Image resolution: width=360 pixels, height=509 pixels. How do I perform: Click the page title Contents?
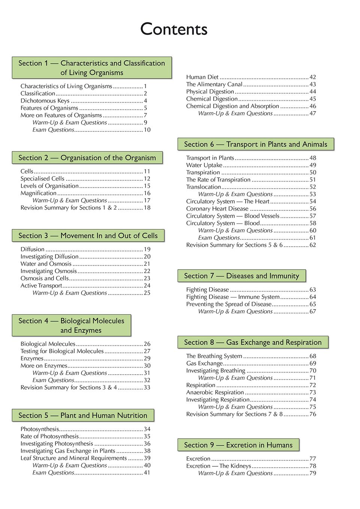pyautogui.click(x=174, y=29)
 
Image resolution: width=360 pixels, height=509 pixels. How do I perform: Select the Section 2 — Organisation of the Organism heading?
pyautogui.click(x=87, y=158)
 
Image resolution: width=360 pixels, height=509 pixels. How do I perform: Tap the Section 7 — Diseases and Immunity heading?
pyautogui.click(x=242, y=276)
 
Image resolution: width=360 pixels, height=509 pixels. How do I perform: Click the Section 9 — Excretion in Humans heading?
pyautogui.click(x=238, y=445)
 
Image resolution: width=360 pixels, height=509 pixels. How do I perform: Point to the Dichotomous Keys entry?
pyautogui.click(x=45, y=101)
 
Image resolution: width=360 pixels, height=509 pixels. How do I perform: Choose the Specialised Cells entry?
pyautogui.click(x=42, y=179)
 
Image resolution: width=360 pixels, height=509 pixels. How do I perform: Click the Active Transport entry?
pyautogui.click(x=41, y=286)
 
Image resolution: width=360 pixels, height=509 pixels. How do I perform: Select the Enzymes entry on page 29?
pyautogui.click(x=32, y=358)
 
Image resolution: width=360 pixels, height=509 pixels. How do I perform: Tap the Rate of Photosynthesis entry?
pyautogui.click(x=49, y=436)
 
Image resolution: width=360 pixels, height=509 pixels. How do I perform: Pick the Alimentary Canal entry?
pyautogui.click(x=214, y=84)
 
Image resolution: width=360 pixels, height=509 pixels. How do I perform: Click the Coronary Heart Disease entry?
pyautogui.click(x=217, y=208)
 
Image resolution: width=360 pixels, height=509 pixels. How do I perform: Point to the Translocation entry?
pyautogui.click(x=203, y=187)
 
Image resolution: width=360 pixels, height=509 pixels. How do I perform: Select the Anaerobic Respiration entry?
pyautogui.click(x=215, y=392)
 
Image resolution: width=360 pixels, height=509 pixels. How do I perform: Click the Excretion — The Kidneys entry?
pyautogui.click(x=218, y=466)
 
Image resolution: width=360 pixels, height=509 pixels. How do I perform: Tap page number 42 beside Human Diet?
pyautogui.click(x=313, y=77)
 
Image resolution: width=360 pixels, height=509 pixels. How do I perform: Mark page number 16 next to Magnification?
pyautogui.click(x=147, y=193)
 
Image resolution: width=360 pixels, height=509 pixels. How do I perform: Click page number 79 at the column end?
pyautogui.click(x=313, y=473)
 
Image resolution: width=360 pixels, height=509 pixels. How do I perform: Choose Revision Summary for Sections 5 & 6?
pyautogui.click(x=234, y=245)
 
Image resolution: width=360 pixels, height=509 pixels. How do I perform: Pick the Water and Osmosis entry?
pyautogui.click(x=46, y=264)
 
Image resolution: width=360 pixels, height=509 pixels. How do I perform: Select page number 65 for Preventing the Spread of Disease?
pyautogui.click(x=313, y=304)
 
